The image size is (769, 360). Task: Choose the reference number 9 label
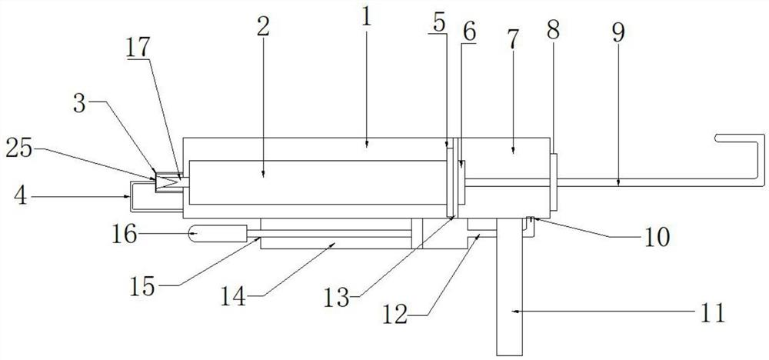(619, 32)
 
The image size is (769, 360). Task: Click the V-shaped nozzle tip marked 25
(168, 183)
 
